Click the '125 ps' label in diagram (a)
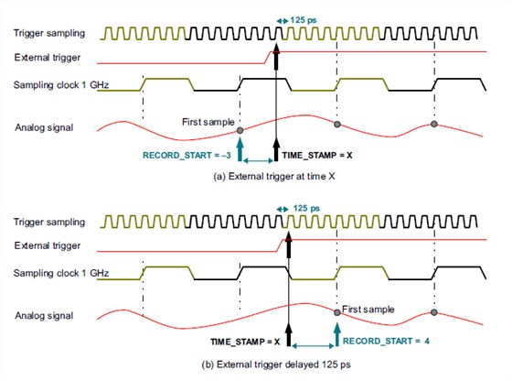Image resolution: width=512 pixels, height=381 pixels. point(303,20)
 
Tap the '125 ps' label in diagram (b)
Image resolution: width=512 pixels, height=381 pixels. point(306,208)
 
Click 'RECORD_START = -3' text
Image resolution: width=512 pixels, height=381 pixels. point(187,155)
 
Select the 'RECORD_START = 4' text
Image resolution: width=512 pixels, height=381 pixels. point(386,341)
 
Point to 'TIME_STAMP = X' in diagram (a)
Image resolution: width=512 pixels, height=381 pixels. point(317,155)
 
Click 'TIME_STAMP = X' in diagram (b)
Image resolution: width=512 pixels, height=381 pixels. point(245,342)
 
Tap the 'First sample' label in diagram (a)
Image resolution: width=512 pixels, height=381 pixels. point(208,122)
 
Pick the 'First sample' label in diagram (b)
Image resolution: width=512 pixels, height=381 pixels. point(368,309)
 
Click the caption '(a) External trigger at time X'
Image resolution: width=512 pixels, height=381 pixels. point(274,176)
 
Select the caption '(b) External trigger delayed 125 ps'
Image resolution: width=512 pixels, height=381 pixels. point(276,365)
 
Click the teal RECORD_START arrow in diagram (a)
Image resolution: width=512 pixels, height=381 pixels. point(240,149)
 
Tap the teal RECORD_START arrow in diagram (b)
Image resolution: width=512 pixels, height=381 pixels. point(337,334)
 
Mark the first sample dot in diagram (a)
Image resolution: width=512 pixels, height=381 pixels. point(240,130)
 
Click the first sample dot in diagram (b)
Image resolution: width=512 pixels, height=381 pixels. point(337,312)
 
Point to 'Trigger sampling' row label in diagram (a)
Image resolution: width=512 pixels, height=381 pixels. point(49,33)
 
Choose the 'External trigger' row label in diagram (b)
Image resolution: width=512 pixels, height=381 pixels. point(48,245)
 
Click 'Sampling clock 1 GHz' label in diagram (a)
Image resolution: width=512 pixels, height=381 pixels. point(61,85)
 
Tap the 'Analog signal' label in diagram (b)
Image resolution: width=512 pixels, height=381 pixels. point(44,316)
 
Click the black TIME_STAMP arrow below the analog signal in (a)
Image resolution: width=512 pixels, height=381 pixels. point(276,149)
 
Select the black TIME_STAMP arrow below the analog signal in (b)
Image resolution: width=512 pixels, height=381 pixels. point(289,334)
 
